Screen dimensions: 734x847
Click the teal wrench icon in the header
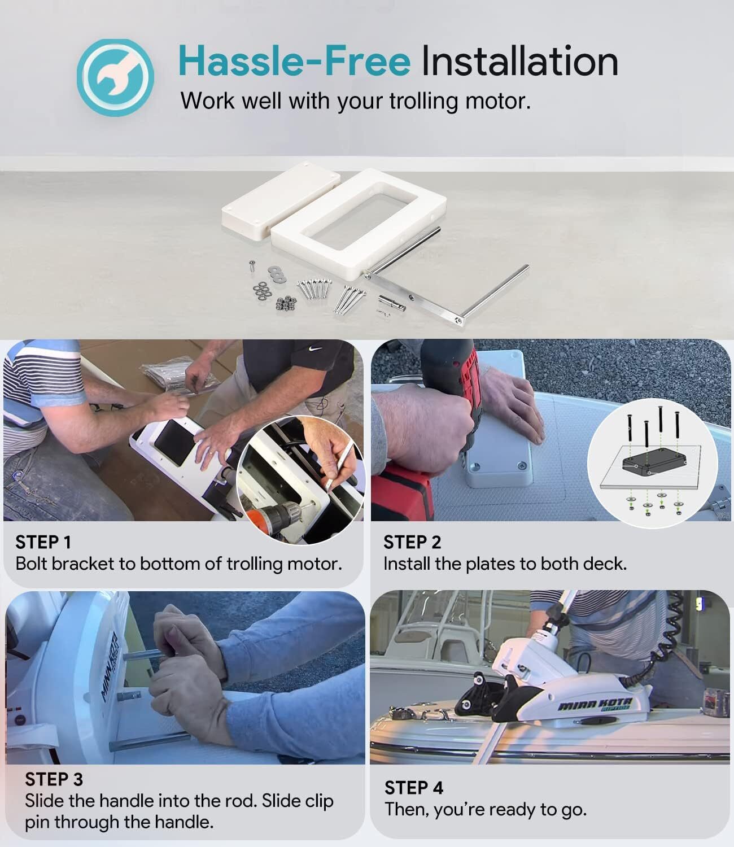point(115,77)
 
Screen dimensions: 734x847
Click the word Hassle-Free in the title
point(294,62)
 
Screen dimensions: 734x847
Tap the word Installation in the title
point(519,62)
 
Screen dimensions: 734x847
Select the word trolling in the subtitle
point(423,101)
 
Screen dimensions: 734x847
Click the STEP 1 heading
point(43,543)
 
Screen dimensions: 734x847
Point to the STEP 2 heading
point(412,543)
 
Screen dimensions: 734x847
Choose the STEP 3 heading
point(54,779)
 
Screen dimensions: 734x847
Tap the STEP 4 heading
point(414,788)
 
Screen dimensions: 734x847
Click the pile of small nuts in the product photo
point(286,303)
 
